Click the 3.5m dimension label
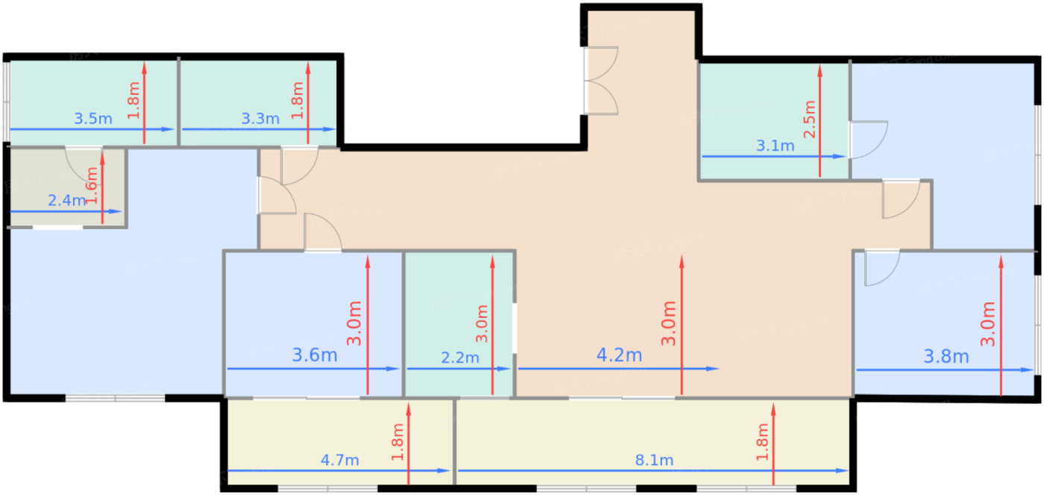point(93,119)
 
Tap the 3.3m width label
point(260,119)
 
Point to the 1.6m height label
point(92,185)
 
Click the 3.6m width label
point(315,355)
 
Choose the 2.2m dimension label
point(460,358)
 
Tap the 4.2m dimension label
point(620,355)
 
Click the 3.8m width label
point(946,356)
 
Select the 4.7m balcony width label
point(340,460)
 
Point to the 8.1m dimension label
point(655,460)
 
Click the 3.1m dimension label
point(775,146)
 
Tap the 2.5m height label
point(810,119)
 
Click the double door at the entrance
point(600,80)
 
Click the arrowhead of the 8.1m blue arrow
point(843,471)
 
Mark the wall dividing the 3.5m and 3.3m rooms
point(178,102)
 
